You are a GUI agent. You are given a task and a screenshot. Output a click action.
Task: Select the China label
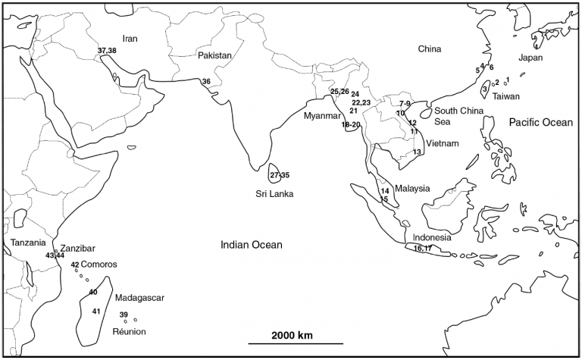click(x=430, y=49)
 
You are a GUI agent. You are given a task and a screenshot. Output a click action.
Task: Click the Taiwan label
click(x=506, y=96)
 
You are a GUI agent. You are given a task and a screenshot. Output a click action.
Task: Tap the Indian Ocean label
click(x=252, y=245)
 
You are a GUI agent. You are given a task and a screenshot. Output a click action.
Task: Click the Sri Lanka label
click(x=274, y=194)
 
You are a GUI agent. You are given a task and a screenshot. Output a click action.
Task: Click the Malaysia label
click(x=413, y=189)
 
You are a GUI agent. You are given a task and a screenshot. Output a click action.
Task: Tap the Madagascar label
click(x=139, y=299)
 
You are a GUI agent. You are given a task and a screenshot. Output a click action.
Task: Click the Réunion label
click(x=129, y=332)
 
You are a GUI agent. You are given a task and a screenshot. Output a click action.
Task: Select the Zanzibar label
click(x=76, y=247)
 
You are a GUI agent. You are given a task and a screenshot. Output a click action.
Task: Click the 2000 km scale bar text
click(x=280, y=335)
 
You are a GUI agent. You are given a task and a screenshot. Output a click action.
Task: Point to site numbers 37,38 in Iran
click(x=107, y=51)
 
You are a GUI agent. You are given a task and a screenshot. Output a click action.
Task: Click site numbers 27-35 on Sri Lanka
click(x=280, y=175)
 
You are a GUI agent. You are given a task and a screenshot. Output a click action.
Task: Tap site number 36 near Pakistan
click(x=206, y=81)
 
